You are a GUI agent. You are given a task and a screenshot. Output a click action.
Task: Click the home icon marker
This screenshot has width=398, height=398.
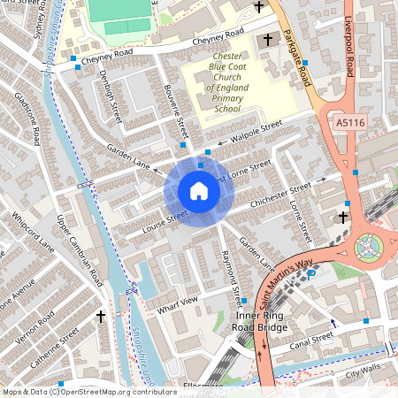point(199,190)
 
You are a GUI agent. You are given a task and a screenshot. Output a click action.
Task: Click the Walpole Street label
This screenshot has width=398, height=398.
point(256,130)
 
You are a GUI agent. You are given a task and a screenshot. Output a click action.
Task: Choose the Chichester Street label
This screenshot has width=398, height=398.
point(281,194)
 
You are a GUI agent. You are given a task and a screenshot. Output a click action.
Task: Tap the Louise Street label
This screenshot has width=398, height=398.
point(165,224)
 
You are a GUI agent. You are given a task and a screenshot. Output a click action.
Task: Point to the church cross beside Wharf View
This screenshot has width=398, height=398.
point(101,316)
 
